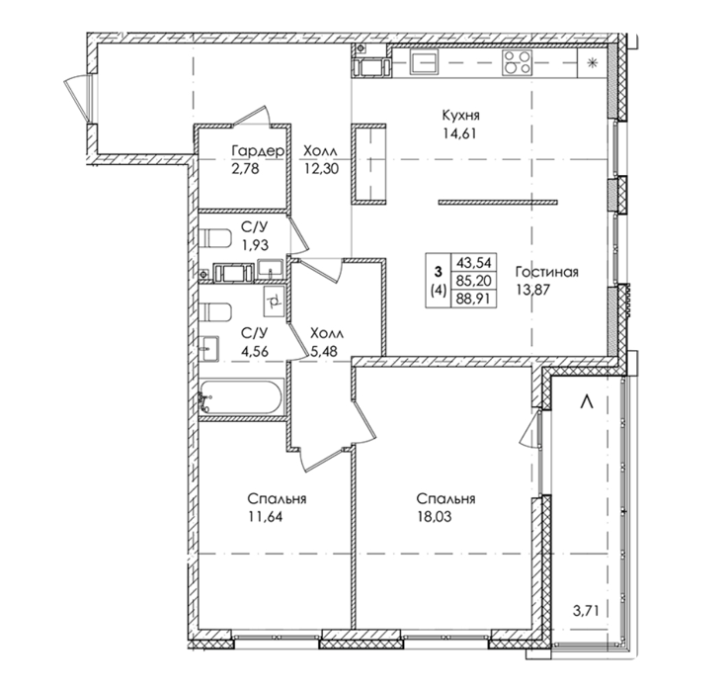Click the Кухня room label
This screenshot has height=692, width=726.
coord(460,115)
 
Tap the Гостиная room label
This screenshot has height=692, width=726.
coord(547,272)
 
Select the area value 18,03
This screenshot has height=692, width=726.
coord(434,516)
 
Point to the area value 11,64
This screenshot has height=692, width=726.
coord(266,516)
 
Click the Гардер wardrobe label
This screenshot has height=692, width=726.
coord(258,151)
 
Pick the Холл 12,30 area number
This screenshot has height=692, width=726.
coord(321,169)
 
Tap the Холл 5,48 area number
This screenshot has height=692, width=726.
coord(324,351)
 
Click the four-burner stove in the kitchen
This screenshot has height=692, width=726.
coord(518,62)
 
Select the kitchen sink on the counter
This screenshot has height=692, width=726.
coord(424,62)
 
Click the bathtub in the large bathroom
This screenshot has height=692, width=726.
coord(240,396)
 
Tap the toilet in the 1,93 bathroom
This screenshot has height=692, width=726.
coord(215,238)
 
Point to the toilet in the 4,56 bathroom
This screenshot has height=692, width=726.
coord(215,312)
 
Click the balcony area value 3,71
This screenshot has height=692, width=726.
coord(586,610)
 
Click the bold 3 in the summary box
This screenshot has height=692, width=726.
coord(438,272)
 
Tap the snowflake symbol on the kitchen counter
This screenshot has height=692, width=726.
coord(592,62)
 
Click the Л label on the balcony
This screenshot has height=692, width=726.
coord(587,401)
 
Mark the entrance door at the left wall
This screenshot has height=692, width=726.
coord(79,98)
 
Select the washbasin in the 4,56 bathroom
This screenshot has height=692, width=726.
coord(209,348)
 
